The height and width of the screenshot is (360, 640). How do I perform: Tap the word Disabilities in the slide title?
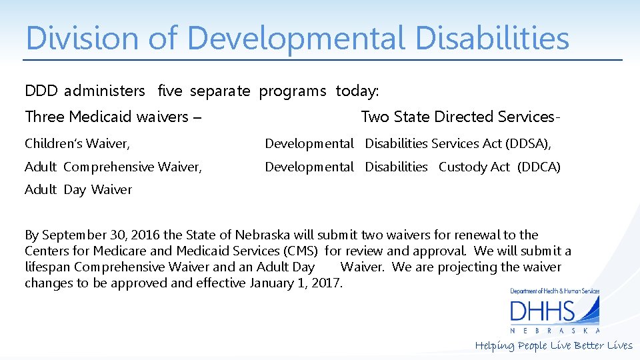(492, 38)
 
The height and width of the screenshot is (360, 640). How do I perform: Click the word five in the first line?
(169, 91)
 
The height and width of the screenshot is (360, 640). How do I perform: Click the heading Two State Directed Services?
(460, 117)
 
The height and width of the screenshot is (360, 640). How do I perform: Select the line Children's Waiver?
(77, 143)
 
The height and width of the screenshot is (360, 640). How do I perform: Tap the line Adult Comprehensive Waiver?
(113, 167)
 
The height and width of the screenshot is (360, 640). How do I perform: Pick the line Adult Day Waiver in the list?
(78, 189)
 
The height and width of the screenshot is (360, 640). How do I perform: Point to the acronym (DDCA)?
(539, 167)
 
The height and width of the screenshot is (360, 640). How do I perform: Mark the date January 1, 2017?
(295, 283)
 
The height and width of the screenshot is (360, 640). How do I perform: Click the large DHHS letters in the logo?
(542, 312)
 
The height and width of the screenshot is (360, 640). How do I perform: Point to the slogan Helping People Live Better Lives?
(553, 345)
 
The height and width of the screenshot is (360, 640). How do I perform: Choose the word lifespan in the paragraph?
(47, 267)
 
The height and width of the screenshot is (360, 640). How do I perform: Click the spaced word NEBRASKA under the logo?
(555, 331)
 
